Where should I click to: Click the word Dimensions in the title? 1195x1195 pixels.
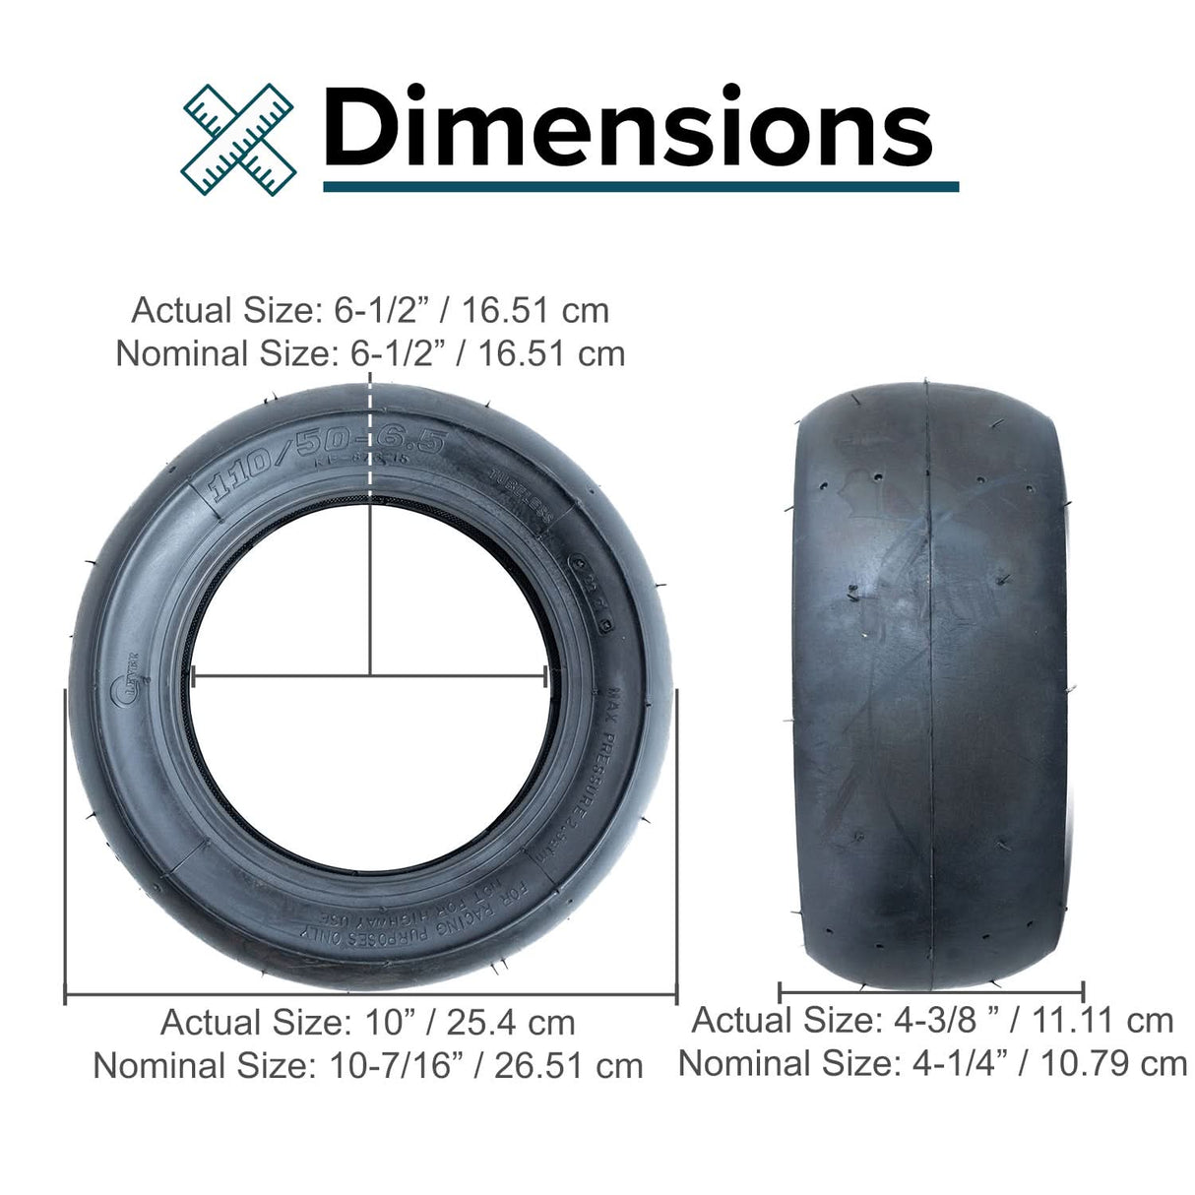(x=627, y=128)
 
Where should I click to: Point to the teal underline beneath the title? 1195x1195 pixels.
(x=640, y=186)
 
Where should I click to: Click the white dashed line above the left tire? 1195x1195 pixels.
(x=370, y=433)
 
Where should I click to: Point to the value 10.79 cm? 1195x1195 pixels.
(x=1117, y=1063)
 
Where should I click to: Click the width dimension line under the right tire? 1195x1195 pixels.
(x=931, y=990)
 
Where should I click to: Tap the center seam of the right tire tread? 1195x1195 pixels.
(x=931, y=689)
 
